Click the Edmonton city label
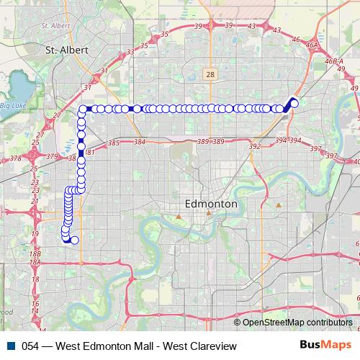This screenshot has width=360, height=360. click(x=211, y=204)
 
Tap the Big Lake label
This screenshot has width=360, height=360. click(x=12, y=106)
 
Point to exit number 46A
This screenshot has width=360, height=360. click(x=311, y=45)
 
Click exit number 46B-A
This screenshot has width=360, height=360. click(x=334, y=63)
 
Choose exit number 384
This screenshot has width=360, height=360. click(x=139, y=143)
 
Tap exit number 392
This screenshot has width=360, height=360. click(x=254, y=146)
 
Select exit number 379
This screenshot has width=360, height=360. click(x=51, y=156)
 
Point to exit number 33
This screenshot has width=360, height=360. click(x=130, y=53)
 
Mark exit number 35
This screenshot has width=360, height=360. click(x=143, y=45)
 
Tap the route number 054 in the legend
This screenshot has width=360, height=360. click(x=30, y=347)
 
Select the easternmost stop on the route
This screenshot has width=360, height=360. click(x=294, y=103)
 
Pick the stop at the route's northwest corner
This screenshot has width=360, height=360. click(x=82, y=109)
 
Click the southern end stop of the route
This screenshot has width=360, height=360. click(x=74, y=240)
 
